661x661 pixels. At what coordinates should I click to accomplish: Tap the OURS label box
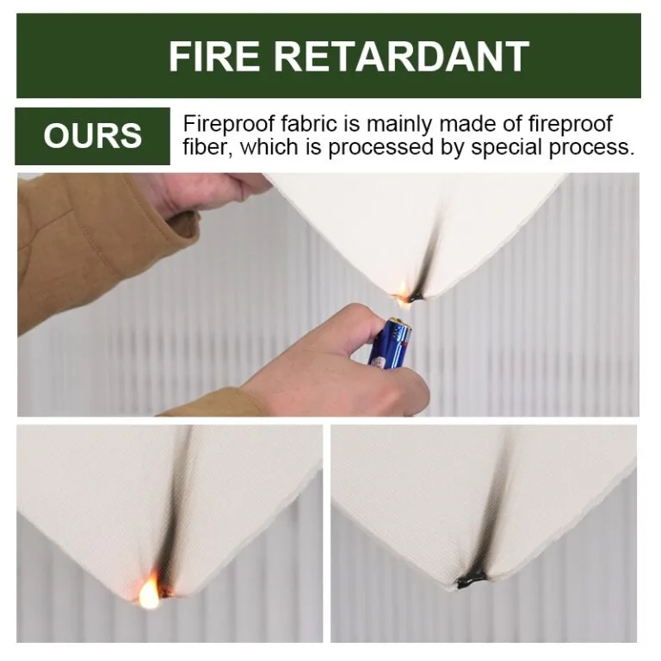tap(93, 136)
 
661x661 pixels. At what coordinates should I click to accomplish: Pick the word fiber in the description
tap(205, 147)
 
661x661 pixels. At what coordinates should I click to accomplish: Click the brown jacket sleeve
tap(77, 241)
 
